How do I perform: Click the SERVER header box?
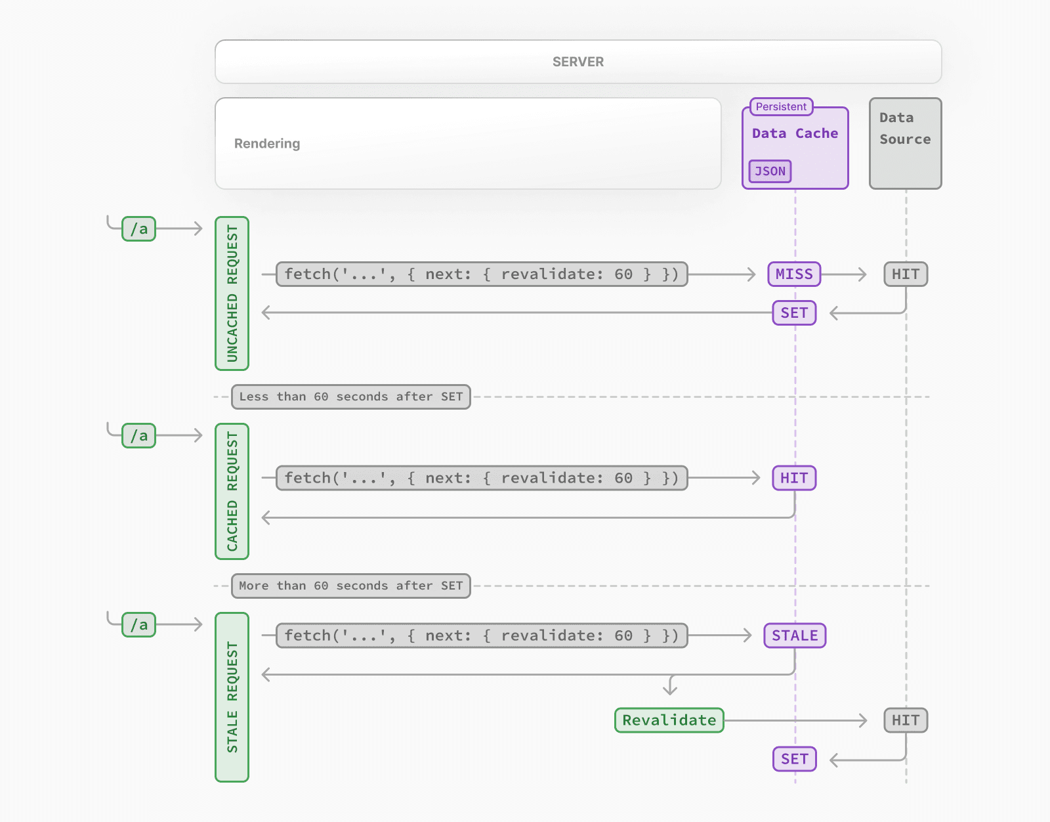tap(577, 62)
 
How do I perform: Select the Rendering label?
tap(267, 144)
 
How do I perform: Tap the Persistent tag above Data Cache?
tap(781, 106)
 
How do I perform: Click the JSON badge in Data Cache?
tap(770, 171)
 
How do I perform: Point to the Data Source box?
tap(905, 143)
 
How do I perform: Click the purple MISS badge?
tap(794, 274)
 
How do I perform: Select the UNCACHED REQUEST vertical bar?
tap(232, 293)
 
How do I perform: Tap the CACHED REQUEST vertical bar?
tap(232, 491)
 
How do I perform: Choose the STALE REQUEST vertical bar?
tap(232, 697)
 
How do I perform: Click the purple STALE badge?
tap(795, 636)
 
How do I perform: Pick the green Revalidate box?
tap(669, 720)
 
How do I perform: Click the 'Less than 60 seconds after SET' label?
tap(350, 397)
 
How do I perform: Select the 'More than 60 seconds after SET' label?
tap(350, 586)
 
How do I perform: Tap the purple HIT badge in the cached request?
tap(794, 478)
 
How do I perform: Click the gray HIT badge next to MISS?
tap(906, 274)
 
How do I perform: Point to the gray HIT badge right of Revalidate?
tap(906, 720)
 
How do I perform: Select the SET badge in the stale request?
tap(794, 759)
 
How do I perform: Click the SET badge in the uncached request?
tap(794, 313)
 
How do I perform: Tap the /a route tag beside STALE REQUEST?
tap(138, 625)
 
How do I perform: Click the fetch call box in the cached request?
tap(481, 478)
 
